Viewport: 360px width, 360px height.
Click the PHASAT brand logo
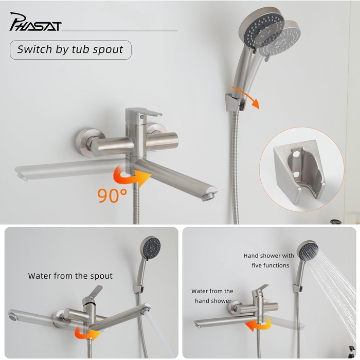pos(35,22)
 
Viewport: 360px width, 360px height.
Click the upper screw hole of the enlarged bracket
pos(296,154)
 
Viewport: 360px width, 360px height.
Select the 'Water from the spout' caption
pos(70,276)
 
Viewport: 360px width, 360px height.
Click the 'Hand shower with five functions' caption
pos(269,260)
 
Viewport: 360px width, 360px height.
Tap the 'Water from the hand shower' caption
pos(212,296)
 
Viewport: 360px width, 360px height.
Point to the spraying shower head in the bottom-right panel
pos(308,251)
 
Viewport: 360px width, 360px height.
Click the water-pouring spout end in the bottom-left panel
pos(146,309)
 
